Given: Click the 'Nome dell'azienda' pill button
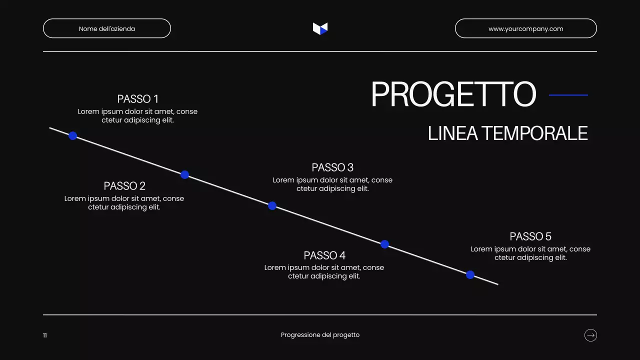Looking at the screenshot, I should (x=107, y=28).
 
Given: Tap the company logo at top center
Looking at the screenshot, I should (x=320, y=28).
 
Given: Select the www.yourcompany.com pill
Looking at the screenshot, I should (x=525, y=28).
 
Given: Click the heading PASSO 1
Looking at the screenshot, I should (x=137, y=99).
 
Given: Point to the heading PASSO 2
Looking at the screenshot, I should (x=124, y=186).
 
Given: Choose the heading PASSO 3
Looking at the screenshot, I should (x=332, y=167).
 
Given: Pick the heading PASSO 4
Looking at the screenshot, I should (x=324, y=255).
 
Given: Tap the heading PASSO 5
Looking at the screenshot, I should (x=530, y=236).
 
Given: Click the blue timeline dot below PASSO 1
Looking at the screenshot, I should (x=72, y=135).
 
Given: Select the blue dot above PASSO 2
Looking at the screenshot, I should (x=184, y=174).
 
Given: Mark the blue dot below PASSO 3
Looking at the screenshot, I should (x=272, y=205).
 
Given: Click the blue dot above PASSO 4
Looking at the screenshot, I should (x=384, y=244).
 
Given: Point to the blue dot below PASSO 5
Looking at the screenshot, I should (x=470, y=274).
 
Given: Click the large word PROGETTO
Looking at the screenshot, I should (x=453, y=94).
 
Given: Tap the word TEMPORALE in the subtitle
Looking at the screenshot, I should (x=534, y=133).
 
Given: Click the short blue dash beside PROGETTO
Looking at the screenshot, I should (x=568, y=95).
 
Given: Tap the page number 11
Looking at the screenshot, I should (x=45, y=335).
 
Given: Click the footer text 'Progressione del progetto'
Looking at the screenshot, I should (x=320, y=335).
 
